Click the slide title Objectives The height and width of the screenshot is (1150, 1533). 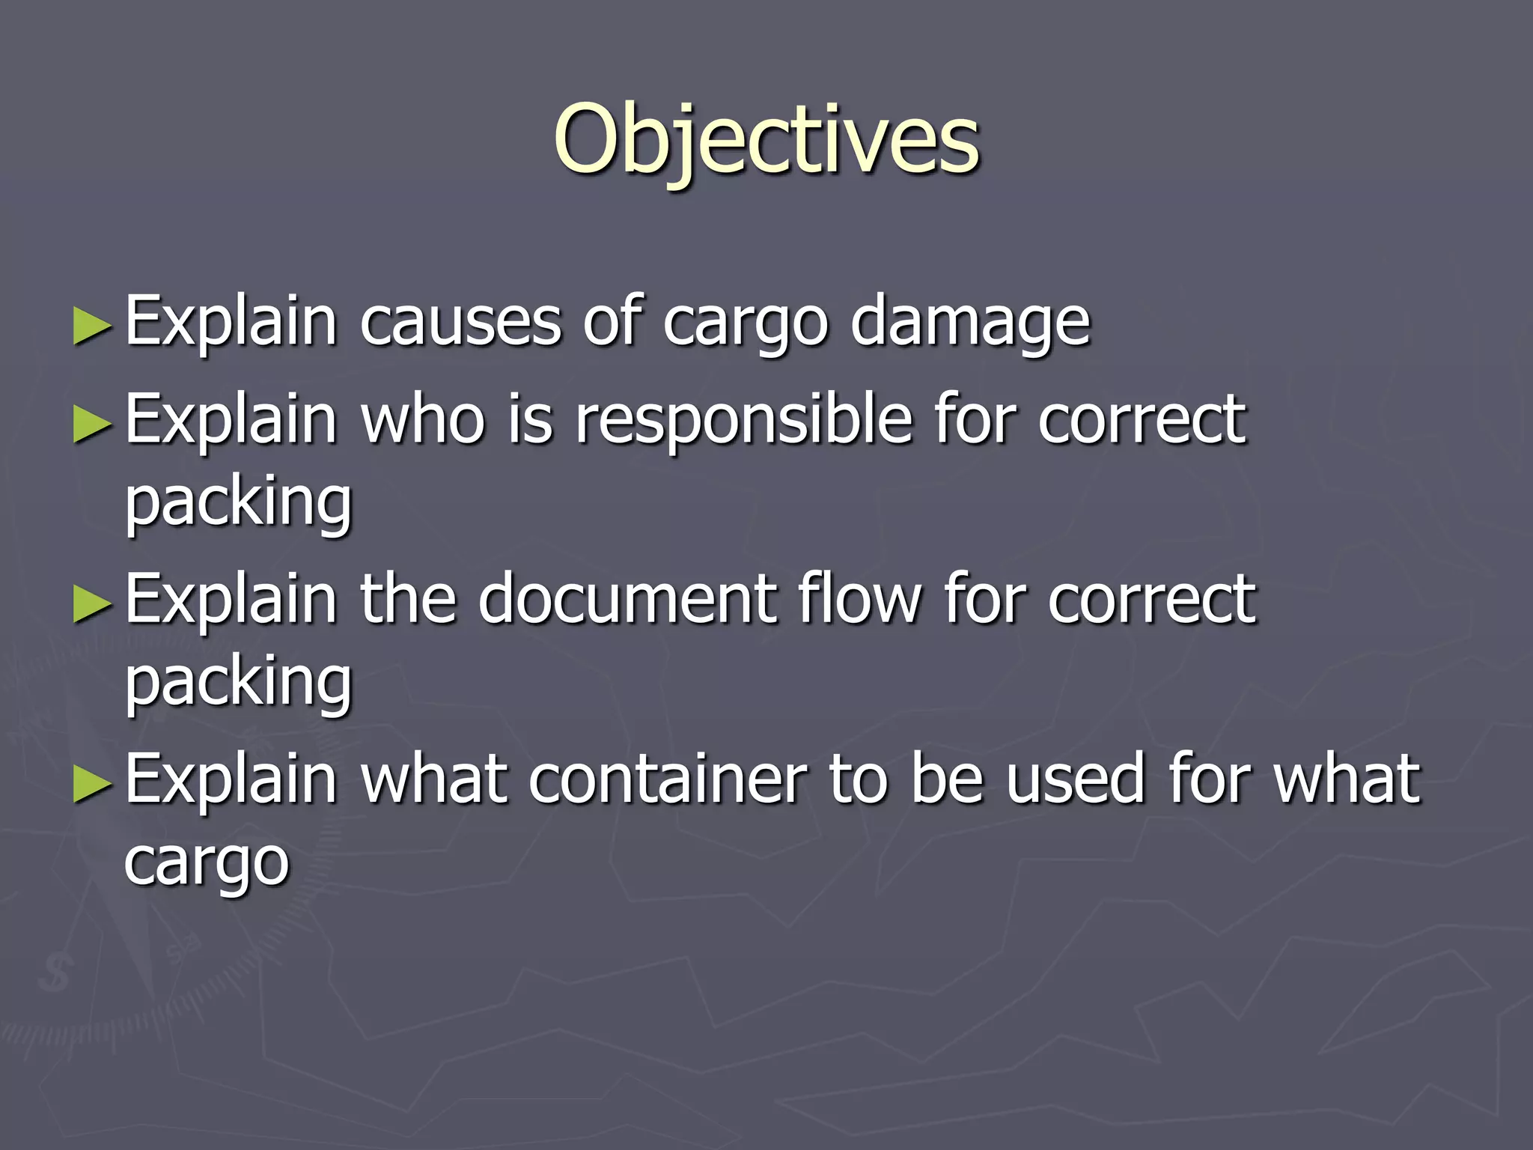pyautogui.click(x=766, y=141)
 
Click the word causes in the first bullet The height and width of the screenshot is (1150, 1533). pyautogui.click(x=460, y=322)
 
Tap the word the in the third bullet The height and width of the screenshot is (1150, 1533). pyautogui.click(x=408, y=599)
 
